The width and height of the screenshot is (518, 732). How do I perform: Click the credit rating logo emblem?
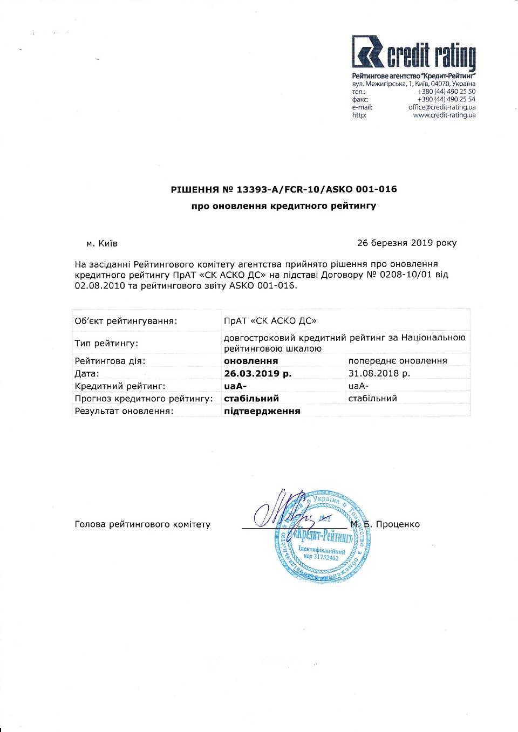(368, 52)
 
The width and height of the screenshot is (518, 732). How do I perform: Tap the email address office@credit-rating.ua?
(442, 107)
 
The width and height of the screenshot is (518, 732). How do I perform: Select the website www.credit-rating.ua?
(444, 115)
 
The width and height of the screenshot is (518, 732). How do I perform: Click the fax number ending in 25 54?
(446, 99)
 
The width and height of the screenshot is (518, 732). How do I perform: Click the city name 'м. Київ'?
(101, 243)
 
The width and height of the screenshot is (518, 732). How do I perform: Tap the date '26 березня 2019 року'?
(407, 243)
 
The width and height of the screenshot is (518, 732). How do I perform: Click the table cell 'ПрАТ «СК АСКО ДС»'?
(270, 321)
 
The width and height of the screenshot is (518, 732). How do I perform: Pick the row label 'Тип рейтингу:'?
(106, 343)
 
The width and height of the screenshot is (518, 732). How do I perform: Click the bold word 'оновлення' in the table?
(251, 361)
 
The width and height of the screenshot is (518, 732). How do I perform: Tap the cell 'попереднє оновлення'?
(398, 361)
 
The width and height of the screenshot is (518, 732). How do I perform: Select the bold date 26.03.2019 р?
(258, 373)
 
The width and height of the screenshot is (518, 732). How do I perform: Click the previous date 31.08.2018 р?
(379, 373)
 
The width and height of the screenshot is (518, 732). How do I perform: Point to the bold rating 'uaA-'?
(235, 386)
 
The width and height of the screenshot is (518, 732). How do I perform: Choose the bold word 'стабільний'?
(251, 399)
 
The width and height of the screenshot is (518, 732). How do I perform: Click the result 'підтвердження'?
(262, 411)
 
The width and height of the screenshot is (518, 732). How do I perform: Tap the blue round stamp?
(323, 537)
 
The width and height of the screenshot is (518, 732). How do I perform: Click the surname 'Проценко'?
(398, 524)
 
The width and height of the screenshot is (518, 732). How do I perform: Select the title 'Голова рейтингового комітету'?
(142, 524)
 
